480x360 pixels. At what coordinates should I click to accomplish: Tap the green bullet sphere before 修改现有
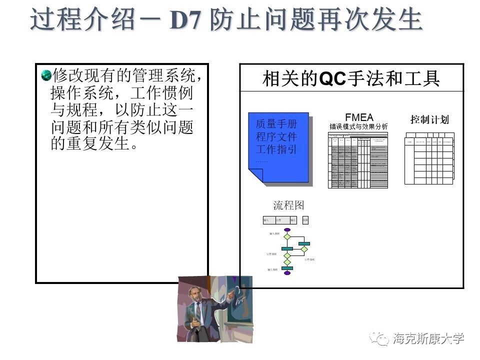tap(46, 75)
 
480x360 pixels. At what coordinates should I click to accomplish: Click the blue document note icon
tap(279, 147)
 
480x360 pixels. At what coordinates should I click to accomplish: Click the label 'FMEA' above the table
tap(359, 118)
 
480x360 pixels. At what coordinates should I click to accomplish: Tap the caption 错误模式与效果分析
tap(358, 126)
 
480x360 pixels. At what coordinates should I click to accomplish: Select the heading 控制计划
tap(429, 119)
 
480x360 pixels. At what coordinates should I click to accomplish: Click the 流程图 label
tap(288, 205)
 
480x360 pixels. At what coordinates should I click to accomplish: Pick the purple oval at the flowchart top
tap(287, 230)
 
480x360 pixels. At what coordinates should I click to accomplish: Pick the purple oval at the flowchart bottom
tap(287, 273)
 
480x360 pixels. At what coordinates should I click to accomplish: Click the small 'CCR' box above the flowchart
tap(305, 220)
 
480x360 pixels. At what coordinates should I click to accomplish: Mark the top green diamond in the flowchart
tap(287, 237)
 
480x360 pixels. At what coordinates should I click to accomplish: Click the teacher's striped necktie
tap(198, 313)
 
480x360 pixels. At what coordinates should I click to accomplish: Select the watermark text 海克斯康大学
tap(428, 338)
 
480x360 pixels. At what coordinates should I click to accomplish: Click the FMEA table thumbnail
tap(358, 160)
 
